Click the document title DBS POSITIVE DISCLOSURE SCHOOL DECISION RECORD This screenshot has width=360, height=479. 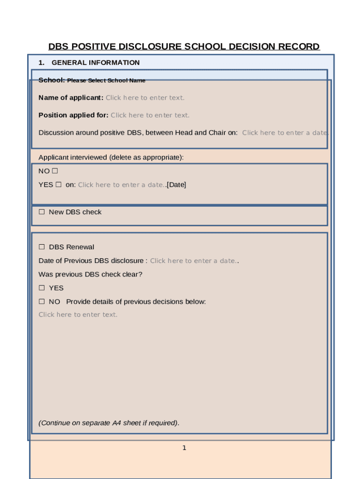[184, 47]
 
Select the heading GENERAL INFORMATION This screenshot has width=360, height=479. [95, 63]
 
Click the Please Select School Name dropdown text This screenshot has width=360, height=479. [106, 80]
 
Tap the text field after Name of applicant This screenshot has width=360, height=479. [145, 98]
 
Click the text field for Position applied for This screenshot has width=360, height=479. [150, 115]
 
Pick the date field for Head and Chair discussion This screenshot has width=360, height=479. [284, 133]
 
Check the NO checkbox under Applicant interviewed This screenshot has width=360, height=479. [55, 171]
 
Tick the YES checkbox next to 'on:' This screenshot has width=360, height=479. [58, 185]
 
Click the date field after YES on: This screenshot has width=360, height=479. [121, 185]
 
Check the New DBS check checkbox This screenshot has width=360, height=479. [42, 212]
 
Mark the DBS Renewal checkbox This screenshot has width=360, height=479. [42, 247]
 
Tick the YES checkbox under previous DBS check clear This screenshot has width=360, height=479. [42, 288]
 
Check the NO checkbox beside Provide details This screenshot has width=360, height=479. [42, 302]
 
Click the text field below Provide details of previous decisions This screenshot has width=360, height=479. [78, 315]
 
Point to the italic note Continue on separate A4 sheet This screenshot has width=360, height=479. [109, 423]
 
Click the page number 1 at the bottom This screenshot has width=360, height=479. [184, 448]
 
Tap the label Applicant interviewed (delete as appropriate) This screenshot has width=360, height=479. [111, 158]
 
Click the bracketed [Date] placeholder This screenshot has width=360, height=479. [176, 185]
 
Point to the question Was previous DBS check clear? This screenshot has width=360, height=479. [90, 275]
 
